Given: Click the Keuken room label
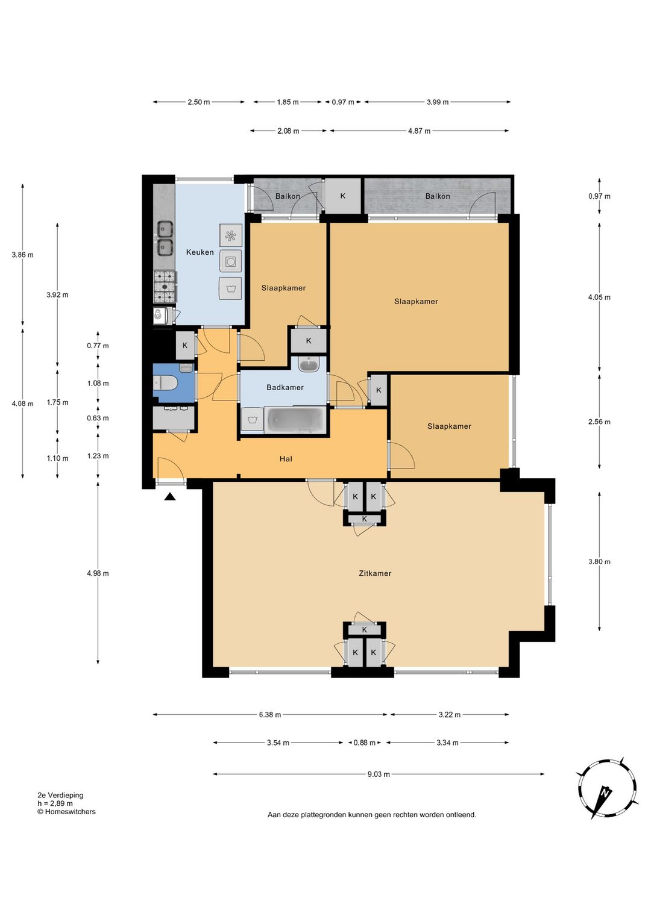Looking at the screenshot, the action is tap(200, 252).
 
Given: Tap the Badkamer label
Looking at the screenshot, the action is tap(285, 387).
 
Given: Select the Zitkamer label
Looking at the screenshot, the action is tap(374, 573).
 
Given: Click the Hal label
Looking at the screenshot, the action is tap(286, 459).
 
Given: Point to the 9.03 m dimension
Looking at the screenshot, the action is tap(379, 774).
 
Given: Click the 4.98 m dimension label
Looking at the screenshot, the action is tap(98, 573).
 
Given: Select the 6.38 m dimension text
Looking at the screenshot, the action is tap(270, 715).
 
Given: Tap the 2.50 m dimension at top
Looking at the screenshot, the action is tap(199, 102).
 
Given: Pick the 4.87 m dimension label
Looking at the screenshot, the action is tap(420, 131).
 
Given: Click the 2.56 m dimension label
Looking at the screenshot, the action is tap(599, 422).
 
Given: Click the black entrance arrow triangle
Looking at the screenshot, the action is tap(170, 497).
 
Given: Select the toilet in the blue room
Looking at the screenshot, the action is tap(165, 384).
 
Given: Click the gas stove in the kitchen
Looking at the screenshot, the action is tap(165, 287).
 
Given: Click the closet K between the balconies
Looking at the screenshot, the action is tap(342, 196).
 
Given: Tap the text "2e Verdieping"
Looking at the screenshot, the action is tap(60, 795).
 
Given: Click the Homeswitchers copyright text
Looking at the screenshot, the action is tap(66, 812).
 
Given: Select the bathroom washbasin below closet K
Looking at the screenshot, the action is tap(309, 364).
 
